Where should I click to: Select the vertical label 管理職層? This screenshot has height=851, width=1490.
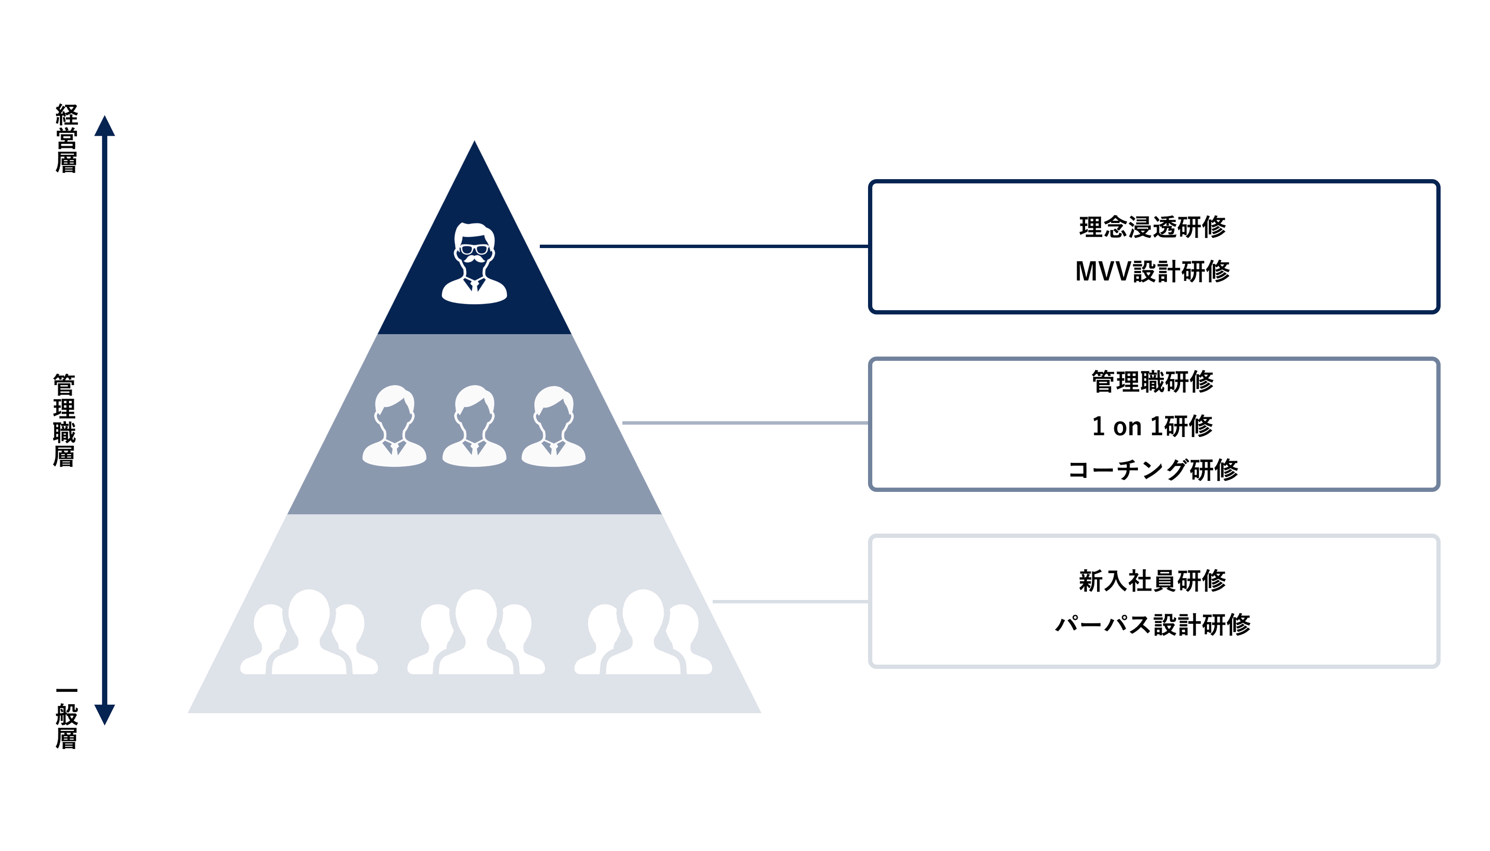coord(64,420)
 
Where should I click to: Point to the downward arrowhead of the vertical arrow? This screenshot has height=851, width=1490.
coord(105,714)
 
